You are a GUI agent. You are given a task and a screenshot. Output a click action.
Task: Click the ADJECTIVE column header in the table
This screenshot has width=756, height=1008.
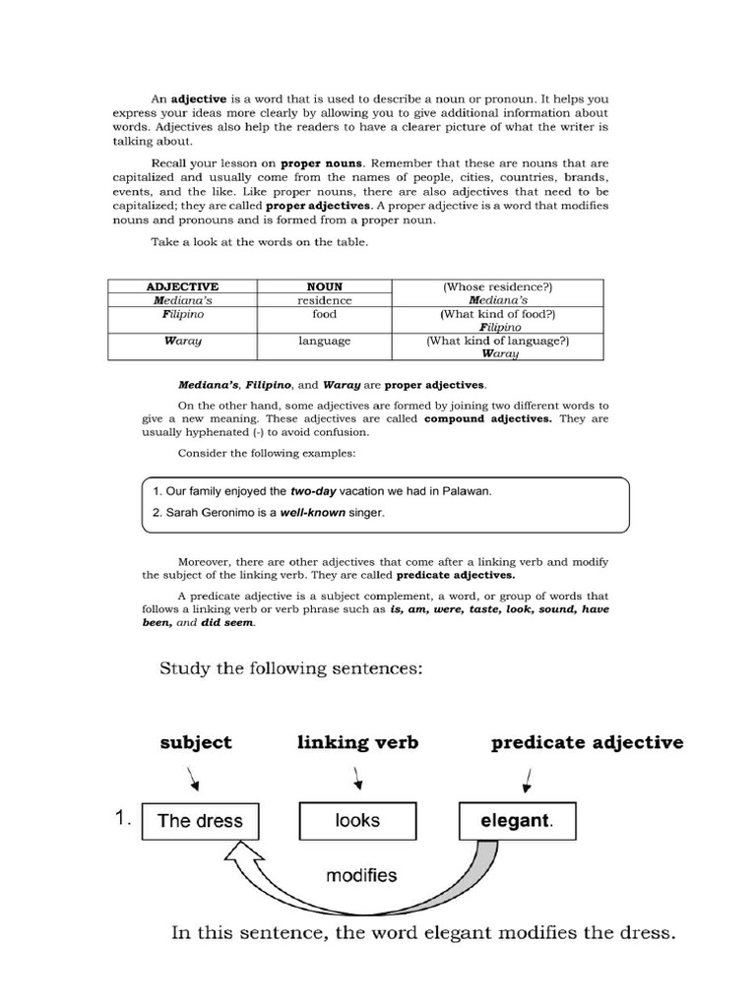181,286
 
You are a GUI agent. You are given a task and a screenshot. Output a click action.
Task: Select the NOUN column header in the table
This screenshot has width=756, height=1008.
324,286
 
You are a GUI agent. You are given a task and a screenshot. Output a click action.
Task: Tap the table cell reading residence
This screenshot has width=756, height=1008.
324,300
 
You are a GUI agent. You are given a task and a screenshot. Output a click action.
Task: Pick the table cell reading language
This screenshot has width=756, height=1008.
324,341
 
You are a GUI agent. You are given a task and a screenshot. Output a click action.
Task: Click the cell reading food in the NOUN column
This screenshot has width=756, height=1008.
324,314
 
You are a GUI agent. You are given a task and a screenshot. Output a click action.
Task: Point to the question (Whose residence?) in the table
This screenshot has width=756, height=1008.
497,286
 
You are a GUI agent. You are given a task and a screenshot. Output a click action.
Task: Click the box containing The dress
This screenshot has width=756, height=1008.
201,821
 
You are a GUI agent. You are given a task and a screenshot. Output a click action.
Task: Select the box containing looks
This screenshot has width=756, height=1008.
357,820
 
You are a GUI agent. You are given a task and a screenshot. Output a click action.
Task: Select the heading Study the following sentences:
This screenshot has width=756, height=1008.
291,669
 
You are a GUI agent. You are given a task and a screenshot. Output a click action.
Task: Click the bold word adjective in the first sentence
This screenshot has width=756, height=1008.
199,99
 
